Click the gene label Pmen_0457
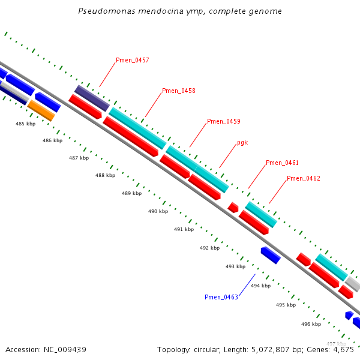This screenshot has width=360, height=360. click(x=132, y=60)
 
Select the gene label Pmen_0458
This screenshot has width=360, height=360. click(x=178, y=91)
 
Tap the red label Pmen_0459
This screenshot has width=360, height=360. click(x=223, y=121)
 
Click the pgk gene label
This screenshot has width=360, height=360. click(x=242, y=142)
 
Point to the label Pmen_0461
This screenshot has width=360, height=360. click(x=282, y=163)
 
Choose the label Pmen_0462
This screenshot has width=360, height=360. click(x=303, y=178)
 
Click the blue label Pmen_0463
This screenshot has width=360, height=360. click(x=221, y=297)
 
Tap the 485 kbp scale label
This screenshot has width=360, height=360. click(x=25, y=124)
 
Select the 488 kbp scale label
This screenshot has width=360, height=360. click(x=105, y=175)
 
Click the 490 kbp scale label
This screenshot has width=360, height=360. click(x=158, y=211)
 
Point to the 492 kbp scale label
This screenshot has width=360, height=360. click(x=209, y=248)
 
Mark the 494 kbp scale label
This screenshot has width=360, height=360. click(x=260, y=286)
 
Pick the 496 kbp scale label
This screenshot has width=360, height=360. click(x=311, y=324)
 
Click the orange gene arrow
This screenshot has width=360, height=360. click(x=41, y=110)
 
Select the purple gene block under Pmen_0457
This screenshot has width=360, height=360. click(x=92, y=98)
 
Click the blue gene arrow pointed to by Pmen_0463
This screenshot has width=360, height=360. click(x=271, y=255)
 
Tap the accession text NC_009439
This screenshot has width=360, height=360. click(x=65, y=349)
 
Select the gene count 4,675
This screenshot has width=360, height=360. click(x=342, y=349)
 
